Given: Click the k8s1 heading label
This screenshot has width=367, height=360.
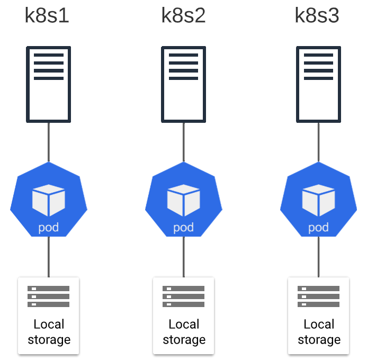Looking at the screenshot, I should (47, 16).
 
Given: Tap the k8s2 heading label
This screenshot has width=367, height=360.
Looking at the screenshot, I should (183, 16).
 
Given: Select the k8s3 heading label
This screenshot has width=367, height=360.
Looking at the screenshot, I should (317, 16).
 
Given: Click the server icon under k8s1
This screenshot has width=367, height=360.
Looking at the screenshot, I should (49, 84).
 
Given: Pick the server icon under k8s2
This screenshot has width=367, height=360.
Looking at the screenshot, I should (184, 84).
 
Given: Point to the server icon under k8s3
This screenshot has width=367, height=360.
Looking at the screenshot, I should (319, 84).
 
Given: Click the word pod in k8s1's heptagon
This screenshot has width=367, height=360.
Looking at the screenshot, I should (49, 228).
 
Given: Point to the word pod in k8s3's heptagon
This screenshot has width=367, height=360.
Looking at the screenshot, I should (319, 228).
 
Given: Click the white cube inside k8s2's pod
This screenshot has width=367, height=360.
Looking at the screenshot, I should (184, 200).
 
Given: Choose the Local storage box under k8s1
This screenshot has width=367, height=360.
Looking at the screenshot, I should (49, 316).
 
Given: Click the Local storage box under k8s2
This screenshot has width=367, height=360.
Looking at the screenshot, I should (184, 316).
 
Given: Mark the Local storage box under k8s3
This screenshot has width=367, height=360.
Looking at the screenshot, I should (319, 316).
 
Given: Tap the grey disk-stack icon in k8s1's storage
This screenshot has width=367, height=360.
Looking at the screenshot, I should (49, 296).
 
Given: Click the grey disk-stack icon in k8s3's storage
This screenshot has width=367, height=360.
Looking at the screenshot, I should (319, 296).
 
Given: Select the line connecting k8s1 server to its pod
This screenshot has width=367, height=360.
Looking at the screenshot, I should (49, 141).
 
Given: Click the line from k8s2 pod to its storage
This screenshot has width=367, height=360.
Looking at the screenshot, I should (184, 257).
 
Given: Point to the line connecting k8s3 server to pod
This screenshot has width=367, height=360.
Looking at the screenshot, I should (319, 141).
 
